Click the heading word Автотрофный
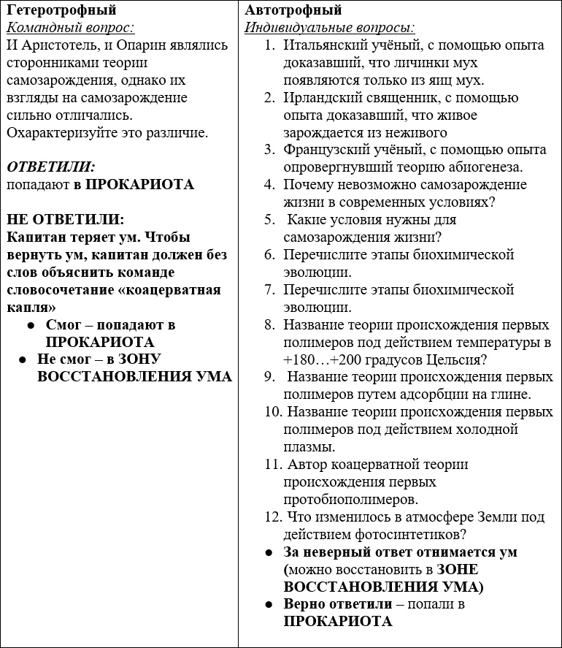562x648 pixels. [x=293, y=10]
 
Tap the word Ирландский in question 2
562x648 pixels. [x=322, y=98]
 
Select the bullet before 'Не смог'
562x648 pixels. [x=23, y=359]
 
